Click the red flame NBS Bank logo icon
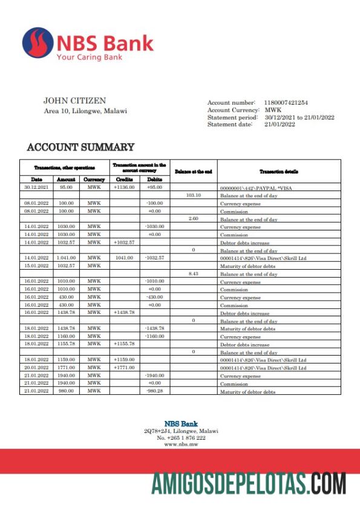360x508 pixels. (38, 42)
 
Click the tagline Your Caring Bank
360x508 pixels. (89, 57)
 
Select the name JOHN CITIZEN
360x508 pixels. (74, 100)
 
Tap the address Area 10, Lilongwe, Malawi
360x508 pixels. (85, 111)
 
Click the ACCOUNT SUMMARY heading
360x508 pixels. (80, 147)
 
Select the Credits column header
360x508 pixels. (124, 180)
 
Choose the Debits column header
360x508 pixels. (155, 180)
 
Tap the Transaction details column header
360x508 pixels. (278, 172)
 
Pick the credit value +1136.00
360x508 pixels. (124, 187)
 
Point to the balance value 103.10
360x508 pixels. (193, 195)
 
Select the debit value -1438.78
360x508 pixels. (155, 328)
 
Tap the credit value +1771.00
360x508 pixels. (124, 368)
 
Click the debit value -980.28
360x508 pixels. (155, 391)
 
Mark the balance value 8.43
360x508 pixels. (193, 274)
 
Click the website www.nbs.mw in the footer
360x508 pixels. (180, 444)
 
